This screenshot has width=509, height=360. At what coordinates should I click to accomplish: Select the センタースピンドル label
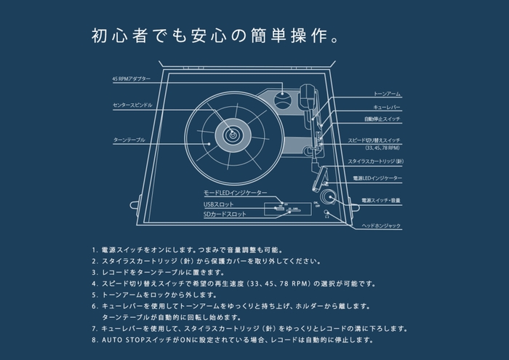click(x=132, y=105)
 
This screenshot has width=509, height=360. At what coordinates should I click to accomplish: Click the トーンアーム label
click(x=382, y=95)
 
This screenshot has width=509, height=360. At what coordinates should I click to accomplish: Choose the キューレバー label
click(x=382, y=106)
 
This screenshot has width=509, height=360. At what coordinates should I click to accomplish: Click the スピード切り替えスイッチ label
click(x=384, y=139)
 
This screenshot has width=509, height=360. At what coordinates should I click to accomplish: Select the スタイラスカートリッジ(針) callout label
click(x=384, y=161)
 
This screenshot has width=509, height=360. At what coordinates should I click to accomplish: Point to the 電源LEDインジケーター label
click(x=382, y=178)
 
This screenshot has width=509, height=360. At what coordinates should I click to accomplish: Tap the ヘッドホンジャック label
click(x=381, y=226)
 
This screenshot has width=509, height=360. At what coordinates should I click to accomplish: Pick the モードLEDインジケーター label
click(x=235, y=193)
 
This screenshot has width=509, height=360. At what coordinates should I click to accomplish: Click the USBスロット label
click(x=220, y=204)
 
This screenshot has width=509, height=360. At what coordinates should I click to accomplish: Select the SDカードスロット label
click(x=225, y=215)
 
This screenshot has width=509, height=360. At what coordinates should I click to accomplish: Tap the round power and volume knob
click(x=326, y=196)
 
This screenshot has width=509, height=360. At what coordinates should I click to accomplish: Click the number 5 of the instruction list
click(x=95, y=295)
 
